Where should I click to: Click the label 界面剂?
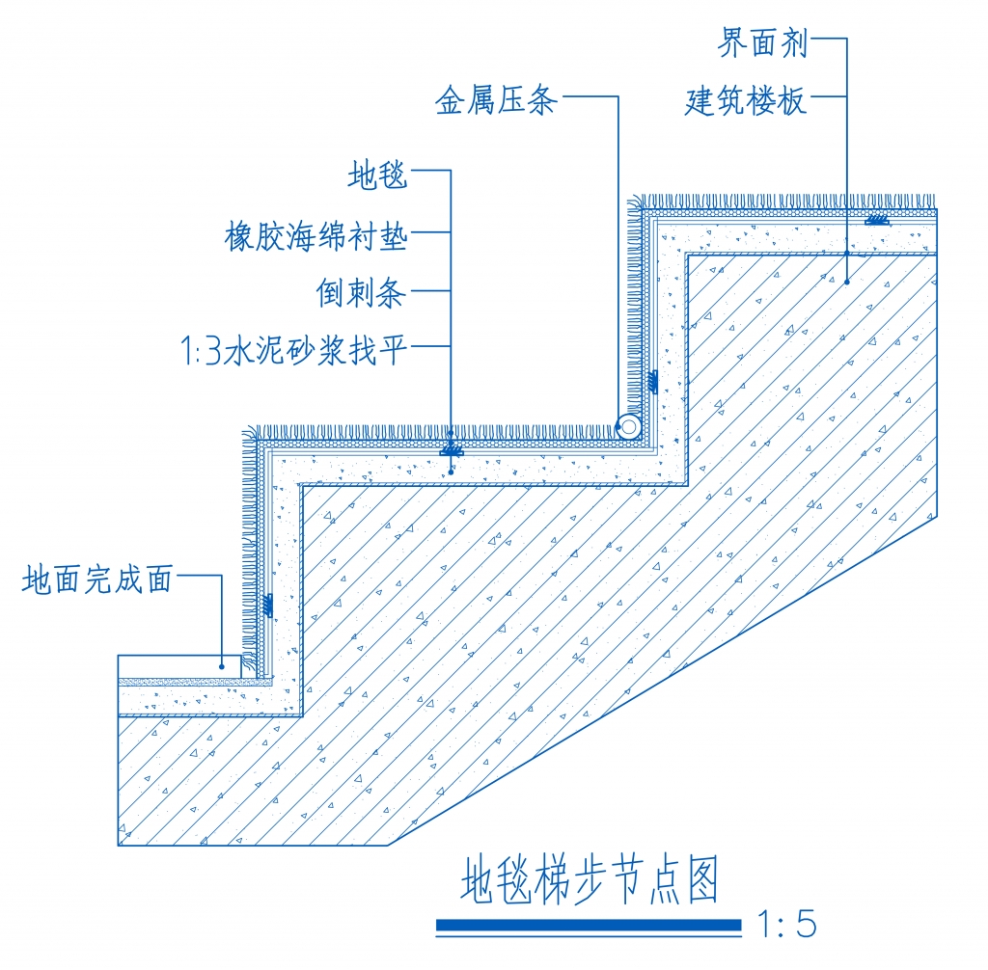762,43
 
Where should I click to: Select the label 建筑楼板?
746,101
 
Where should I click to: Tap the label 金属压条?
497,100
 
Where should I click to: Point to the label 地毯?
378,175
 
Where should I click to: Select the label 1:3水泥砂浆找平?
294,350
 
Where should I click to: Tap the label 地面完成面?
97,579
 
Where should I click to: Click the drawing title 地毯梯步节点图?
590,880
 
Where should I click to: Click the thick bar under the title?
590,926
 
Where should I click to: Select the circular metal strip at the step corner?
629,426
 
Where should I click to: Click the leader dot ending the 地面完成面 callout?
222,666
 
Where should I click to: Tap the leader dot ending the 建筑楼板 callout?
847,282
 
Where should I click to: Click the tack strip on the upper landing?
876,220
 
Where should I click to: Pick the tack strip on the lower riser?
268,606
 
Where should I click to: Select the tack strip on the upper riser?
653,382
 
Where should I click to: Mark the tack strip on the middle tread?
451,450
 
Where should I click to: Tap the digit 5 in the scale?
806,925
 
